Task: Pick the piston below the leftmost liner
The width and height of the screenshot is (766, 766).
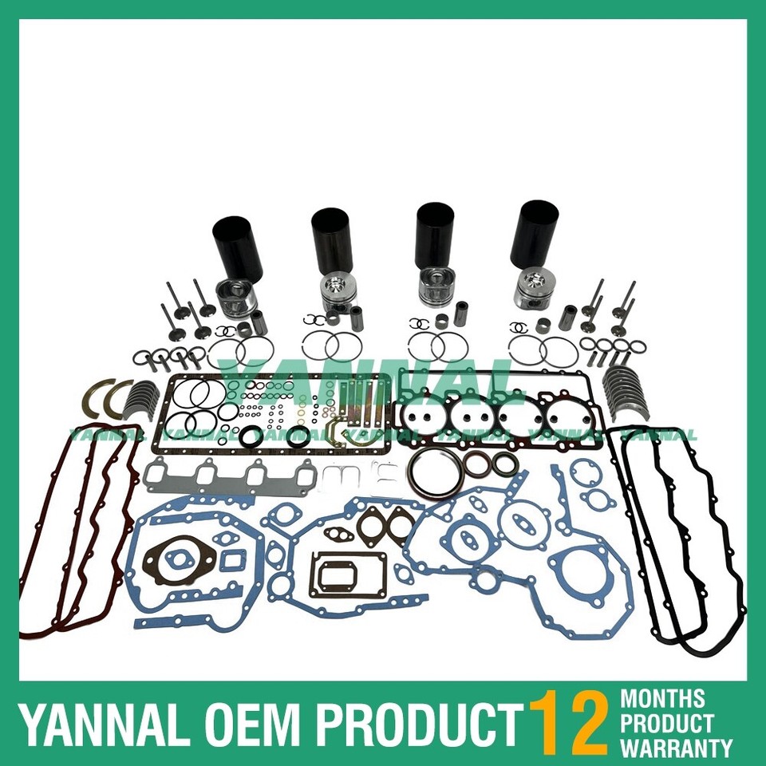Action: (235, 299)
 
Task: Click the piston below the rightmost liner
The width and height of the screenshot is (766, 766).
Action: (533, 292)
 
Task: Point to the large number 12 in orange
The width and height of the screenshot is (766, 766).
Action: (570, 723)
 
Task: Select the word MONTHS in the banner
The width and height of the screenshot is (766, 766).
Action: (662, 700)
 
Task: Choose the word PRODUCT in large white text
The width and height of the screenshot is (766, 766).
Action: (415, 725)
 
